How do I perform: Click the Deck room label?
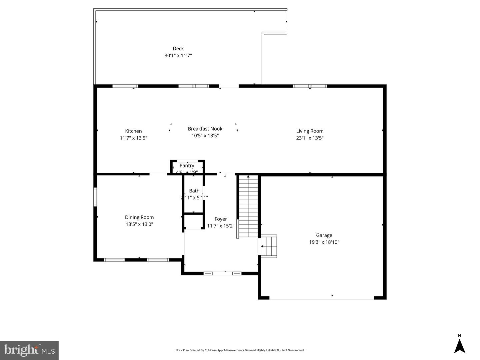178,49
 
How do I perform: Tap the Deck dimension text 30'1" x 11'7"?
178,56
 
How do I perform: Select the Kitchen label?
133,131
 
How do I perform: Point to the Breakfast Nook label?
205,129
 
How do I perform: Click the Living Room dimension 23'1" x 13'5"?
310,138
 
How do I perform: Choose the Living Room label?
310,131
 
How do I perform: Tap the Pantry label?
187,166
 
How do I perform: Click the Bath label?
194,191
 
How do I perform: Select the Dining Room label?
139,217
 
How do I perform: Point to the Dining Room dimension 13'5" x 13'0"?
139,224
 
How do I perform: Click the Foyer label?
221,219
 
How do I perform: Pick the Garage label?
324,235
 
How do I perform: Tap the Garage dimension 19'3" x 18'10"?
324,242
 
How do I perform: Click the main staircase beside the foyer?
248,206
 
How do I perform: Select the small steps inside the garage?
269,246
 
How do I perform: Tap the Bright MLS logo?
29,350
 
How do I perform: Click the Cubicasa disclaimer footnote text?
240,350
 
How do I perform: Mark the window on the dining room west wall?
95,197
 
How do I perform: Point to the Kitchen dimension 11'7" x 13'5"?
133,138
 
